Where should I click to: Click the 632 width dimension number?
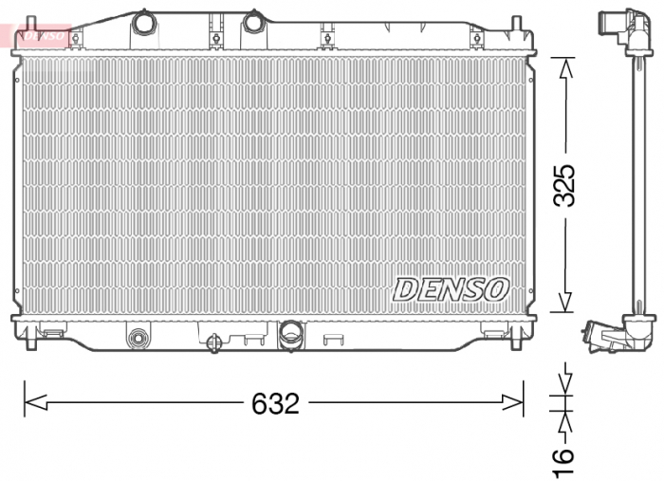pyautogui.click(x=275, y=403)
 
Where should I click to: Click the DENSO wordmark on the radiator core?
pyautogui.click(x=452, y=289)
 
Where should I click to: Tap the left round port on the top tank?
pyautogui.click(x=143, y=22)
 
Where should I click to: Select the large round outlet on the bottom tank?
pyautogui.click(x=291, y=332)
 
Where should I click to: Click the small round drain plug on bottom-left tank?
pyautogui.click(x=139, y=336)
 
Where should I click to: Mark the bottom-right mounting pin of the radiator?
pyautogui.click(x=515, y=340)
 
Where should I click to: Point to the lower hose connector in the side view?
pyautogui.click(x=607, y=336)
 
